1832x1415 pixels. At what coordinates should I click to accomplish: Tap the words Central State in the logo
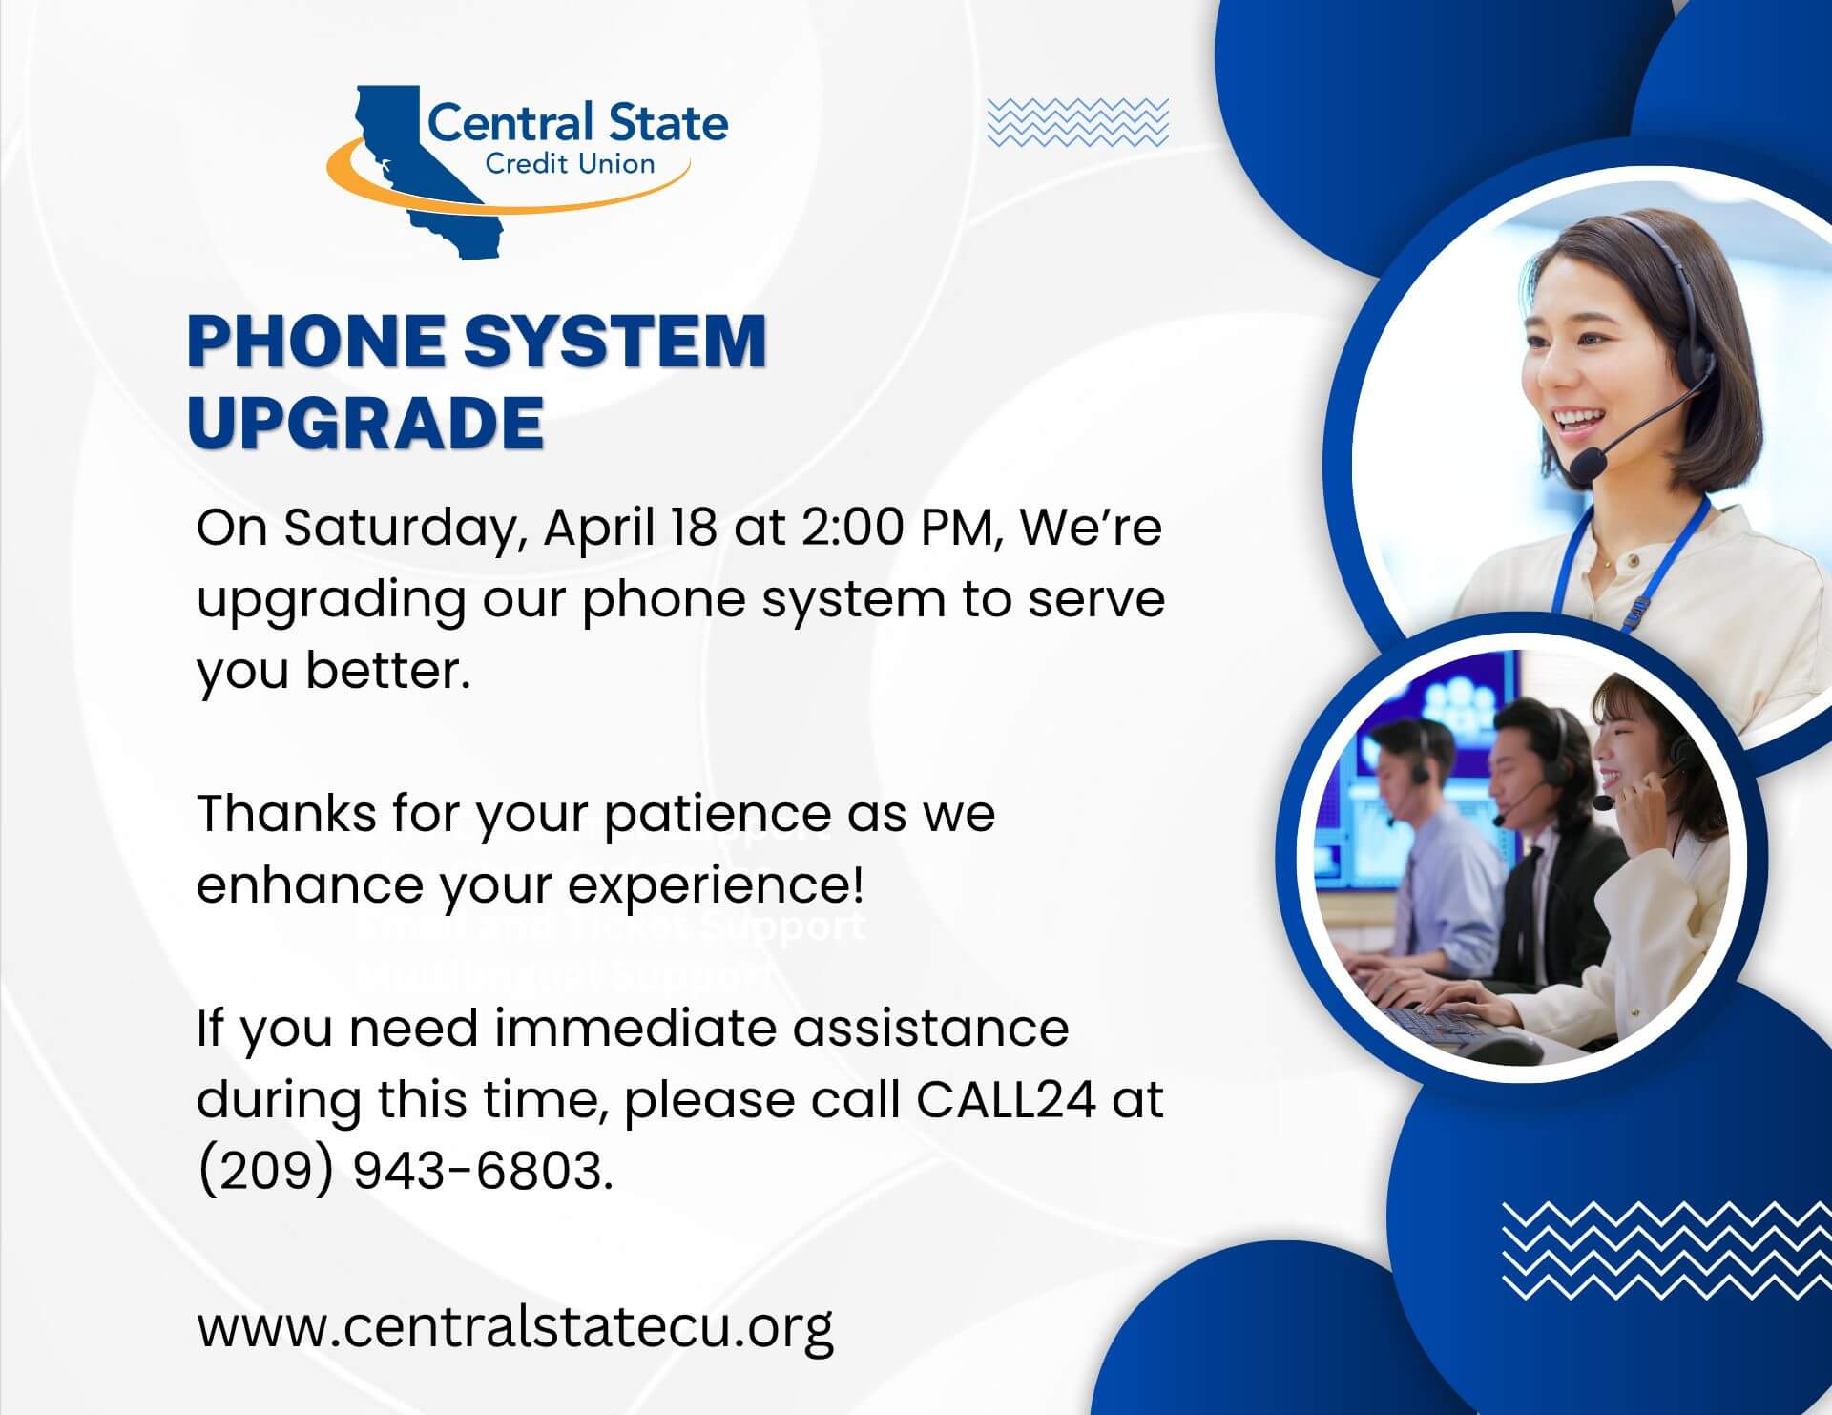[577, 124]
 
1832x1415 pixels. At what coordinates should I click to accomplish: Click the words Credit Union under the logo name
[570, 164]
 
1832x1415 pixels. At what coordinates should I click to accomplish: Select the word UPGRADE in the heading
[365, 423]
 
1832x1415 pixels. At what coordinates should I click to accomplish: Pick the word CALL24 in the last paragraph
[1005, 1099]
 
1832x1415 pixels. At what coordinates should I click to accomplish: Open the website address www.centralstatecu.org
[515, 1327]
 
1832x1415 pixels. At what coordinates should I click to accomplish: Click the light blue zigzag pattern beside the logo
[1077, 122]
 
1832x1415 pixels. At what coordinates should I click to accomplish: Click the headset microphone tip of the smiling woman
[1587, 467]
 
